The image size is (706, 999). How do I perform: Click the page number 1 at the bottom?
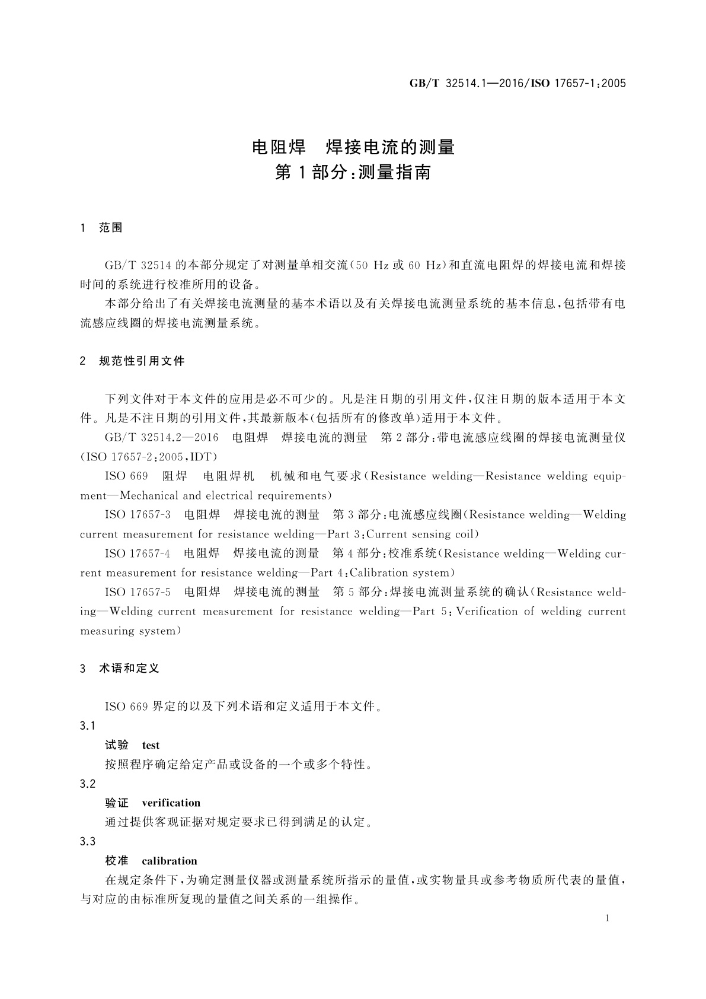tap(607, 918)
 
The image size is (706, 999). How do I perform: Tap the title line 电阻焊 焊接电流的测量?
tap(353, 147)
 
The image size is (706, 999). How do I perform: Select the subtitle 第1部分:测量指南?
tap(353, 173)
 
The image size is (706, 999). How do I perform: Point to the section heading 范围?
tap(111, 228)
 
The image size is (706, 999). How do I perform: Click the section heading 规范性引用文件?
tap(142, 361)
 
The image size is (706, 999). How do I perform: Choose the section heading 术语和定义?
tap(129, 669)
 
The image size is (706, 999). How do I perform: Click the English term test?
tap(151, 746)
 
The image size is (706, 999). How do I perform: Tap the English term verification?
tap(171, 803)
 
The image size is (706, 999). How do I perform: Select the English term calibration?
tap(169, 861)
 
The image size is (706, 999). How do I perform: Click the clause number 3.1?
tap(88, 726)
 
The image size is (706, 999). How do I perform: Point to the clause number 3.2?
tap(88, 784)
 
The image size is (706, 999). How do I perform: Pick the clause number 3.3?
tap(88, 842)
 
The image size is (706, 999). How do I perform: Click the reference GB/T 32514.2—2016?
tap(161, 438)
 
